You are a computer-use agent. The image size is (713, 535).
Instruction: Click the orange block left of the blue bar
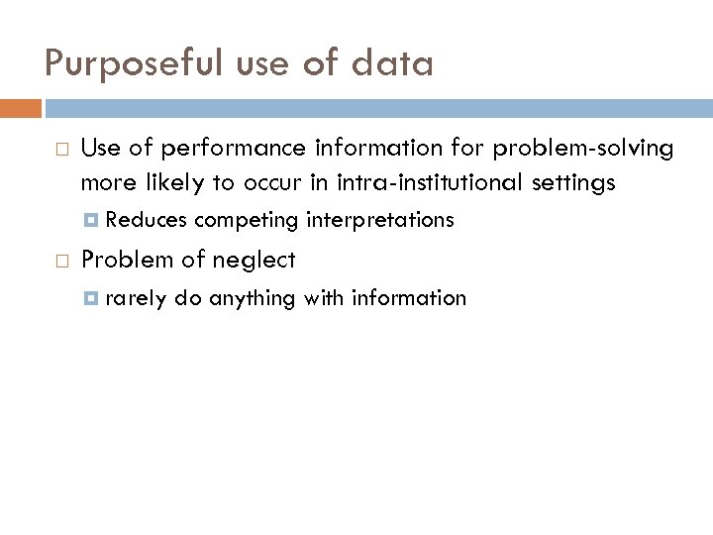click(21, 107)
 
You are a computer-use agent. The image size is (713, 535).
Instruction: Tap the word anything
click(250, 298)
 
